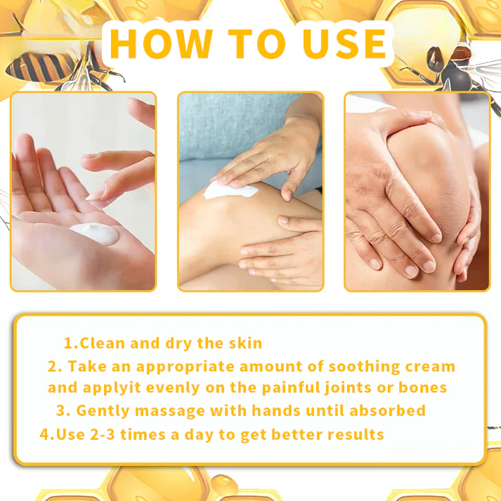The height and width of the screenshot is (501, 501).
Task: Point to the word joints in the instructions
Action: (355, 388)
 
